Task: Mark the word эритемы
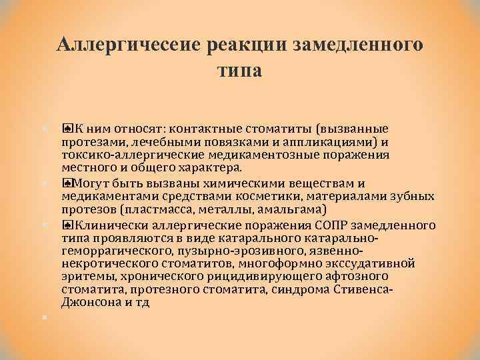[x=84, y=276]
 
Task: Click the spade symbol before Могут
[x=67, y=183]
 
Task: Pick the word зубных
[x=416, y=196]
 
